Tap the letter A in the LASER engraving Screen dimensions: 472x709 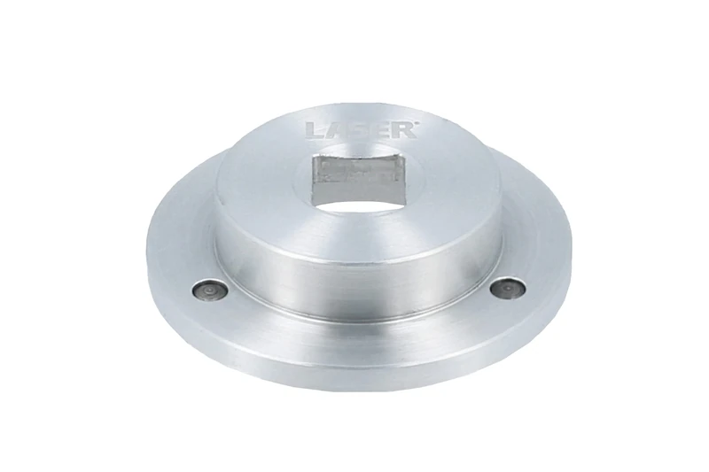pyautogui.click(x=331, y=130)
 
